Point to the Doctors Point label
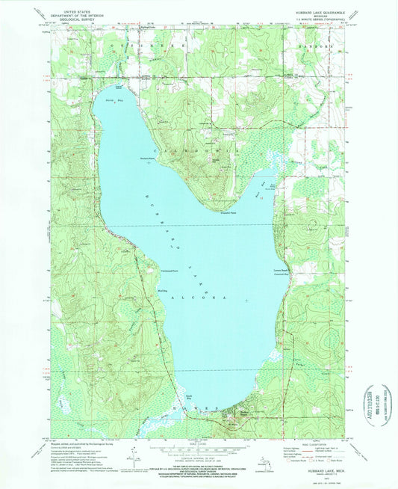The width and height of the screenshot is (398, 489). (147, 157)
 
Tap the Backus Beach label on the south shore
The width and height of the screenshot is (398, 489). (223, 411)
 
